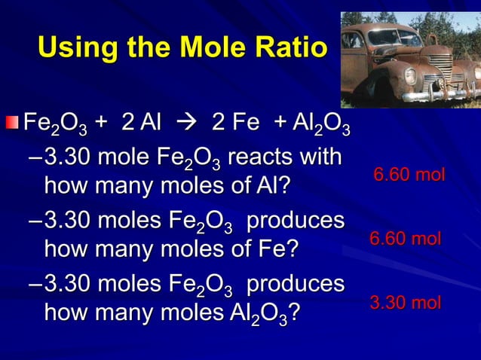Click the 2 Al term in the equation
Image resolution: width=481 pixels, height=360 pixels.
click(139, 121)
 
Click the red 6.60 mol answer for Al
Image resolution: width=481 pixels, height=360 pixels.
click(409, 175)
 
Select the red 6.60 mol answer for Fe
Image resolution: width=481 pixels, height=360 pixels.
click(406, 239)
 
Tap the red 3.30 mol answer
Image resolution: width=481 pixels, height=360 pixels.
click(406, 303)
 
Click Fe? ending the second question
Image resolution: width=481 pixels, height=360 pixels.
click(277, 249)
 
